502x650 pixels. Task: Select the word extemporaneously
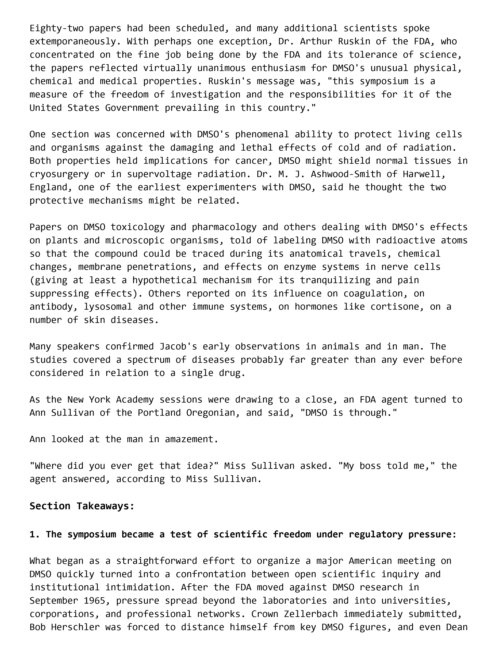pos(73,41)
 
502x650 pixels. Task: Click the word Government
pos(132,108)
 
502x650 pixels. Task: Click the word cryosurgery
pos(59,174)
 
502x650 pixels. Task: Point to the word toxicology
pos(138,227)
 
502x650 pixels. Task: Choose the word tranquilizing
pos(335,280)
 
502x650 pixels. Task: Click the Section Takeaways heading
pos(82,506)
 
